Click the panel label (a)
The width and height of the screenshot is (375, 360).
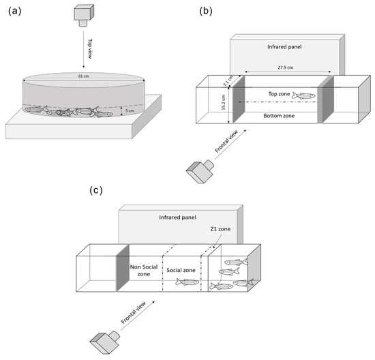14,11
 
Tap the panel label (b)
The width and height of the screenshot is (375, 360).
206,11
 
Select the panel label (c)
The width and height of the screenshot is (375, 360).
96,191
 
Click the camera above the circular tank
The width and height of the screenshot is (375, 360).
84,16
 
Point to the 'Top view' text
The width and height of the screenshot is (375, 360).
90,49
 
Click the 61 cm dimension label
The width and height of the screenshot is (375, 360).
84,76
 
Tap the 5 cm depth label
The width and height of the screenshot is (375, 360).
130,110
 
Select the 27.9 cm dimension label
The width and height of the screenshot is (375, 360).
286,67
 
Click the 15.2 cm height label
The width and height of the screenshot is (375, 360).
224,102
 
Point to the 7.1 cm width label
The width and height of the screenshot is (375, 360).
228,81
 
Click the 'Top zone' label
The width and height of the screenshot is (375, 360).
279,94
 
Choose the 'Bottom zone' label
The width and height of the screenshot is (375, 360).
279,116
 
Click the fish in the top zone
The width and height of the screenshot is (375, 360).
303,95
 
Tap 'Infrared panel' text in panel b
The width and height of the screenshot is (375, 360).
284,47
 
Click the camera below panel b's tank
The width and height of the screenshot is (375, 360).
200,171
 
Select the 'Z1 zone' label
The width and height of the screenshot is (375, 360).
220,229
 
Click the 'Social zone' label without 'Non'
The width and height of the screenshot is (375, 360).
181,270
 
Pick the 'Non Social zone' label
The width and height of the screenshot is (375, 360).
144,270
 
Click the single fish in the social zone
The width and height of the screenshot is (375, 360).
187,282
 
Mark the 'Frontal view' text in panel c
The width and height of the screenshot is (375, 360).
134,313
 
